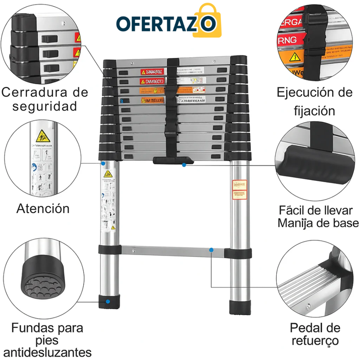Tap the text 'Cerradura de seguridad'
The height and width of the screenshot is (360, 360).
(45, 99)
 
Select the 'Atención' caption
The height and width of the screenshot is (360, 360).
(43, 208)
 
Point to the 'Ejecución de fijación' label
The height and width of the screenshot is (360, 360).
(315, 101)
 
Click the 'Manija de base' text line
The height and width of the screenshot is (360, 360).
(318, 223)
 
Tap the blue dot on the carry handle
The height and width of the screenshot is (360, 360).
(184, 165)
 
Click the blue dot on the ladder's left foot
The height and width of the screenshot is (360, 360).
(107, 302)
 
